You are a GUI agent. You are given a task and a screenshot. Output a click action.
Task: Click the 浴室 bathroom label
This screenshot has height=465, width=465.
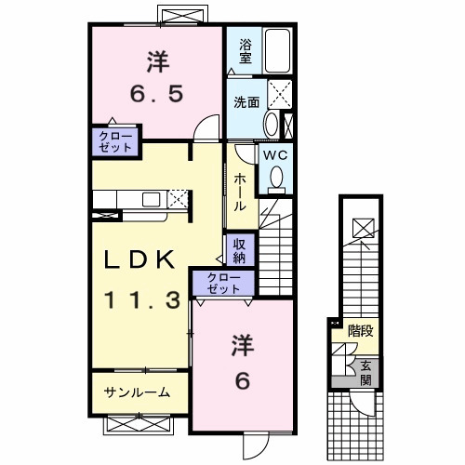[246, 51]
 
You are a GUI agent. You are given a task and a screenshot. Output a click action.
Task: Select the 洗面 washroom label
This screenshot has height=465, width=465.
[246, 103]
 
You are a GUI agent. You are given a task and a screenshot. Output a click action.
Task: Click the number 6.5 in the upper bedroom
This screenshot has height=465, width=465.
[155, 94]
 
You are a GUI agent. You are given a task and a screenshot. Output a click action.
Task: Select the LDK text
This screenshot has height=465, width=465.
[140, 263]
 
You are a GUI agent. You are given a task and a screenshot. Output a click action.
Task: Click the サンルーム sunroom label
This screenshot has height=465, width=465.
[137, 392]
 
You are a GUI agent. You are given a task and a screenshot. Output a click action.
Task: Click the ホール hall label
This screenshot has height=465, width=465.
[239, 191]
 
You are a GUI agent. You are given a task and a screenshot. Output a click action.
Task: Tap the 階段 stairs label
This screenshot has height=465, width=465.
[360, 330]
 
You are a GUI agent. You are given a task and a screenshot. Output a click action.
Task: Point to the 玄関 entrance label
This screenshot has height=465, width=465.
[366, 372]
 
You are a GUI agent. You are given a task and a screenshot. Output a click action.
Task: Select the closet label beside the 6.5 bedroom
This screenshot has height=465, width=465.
[116, 141]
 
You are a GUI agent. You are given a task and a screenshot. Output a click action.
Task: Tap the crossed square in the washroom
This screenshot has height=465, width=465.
[280, 96]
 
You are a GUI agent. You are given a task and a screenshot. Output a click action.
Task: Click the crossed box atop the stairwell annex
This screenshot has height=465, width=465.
[363, 225]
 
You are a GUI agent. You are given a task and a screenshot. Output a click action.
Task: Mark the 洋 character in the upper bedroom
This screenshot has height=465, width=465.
[155, 60]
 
